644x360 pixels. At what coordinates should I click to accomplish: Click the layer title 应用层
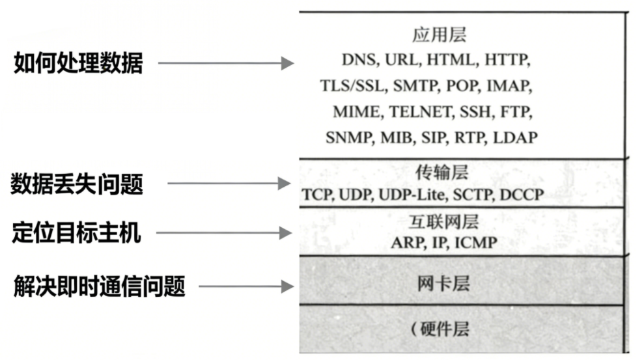pos(440,35)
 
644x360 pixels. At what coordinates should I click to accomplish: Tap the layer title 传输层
pos(441,173)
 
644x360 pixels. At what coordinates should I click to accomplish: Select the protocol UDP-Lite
pos(414,195)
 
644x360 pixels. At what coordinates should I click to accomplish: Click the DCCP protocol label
pos(521,195)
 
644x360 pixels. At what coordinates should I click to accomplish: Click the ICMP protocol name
pos(475,243)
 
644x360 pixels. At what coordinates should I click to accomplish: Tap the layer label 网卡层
pos(443,284)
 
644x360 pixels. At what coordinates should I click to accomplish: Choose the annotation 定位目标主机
pos(76,232)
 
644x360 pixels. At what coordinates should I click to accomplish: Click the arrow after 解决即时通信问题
pos(247,286)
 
